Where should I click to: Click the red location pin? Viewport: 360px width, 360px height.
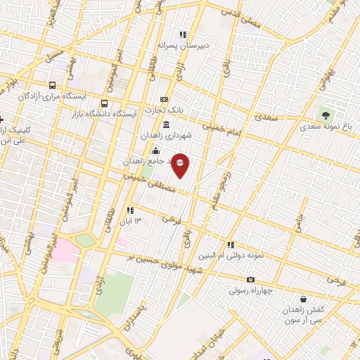(x=181, y=165)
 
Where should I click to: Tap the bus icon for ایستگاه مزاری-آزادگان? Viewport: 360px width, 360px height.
(x=52, y=85)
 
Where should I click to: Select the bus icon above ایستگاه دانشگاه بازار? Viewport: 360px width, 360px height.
(x=105, y=104)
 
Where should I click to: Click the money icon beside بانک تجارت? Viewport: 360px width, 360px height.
(x=165, y=99)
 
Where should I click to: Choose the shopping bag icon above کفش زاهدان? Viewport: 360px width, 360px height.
(x=302, y=299)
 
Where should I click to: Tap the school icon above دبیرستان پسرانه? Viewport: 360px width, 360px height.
(x=183, y=34)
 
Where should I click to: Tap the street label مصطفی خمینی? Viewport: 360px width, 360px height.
(x=145, y=180)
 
